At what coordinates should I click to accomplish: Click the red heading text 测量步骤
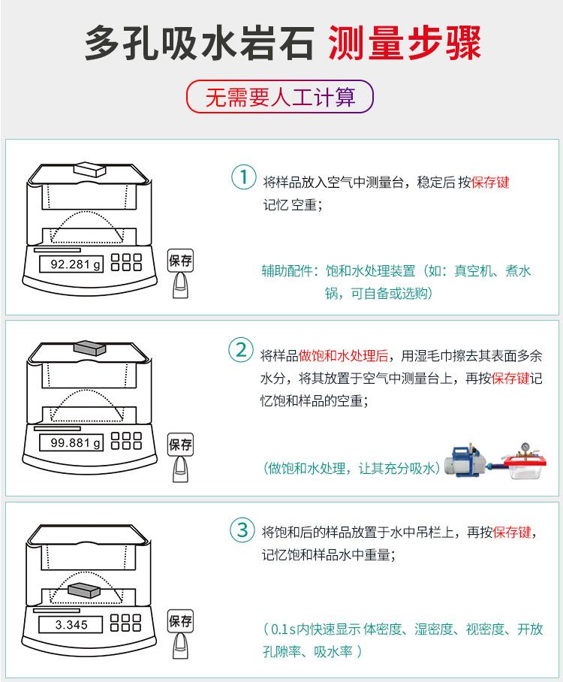(405, 44)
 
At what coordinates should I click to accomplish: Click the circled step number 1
(242, 178)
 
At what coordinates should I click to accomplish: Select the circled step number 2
(241, 351)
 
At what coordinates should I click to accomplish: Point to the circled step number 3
(242, 530)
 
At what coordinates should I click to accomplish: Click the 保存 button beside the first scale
(180, 261)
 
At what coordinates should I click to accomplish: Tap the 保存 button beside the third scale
(180, 621)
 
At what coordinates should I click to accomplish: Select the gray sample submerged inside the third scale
(83, 590)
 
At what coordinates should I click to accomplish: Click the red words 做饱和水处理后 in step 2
(343, 355)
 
